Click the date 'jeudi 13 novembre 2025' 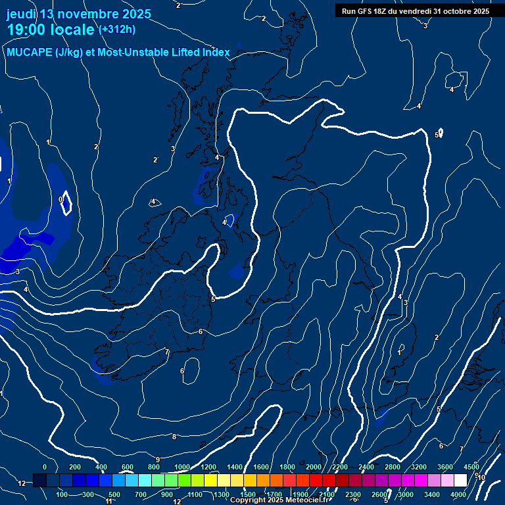pos(78,14)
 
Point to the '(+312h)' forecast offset pos(117,30)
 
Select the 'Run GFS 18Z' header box pos(415,11)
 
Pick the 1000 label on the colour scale pos(182,467)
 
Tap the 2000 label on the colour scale pos(314,467)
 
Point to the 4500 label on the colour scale pos(471,467)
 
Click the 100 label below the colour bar pos(62,494)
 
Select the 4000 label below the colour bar pos(458,494)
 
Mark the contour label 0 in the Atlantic pos(60,199)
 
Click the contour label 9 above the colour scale pos(158,460)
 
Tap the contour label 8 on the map pos(174,437)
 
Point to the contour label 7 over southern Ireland pos(167,352)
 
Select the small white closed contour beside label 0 pos(66,204)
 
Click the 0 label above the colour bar pos(45,467)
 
